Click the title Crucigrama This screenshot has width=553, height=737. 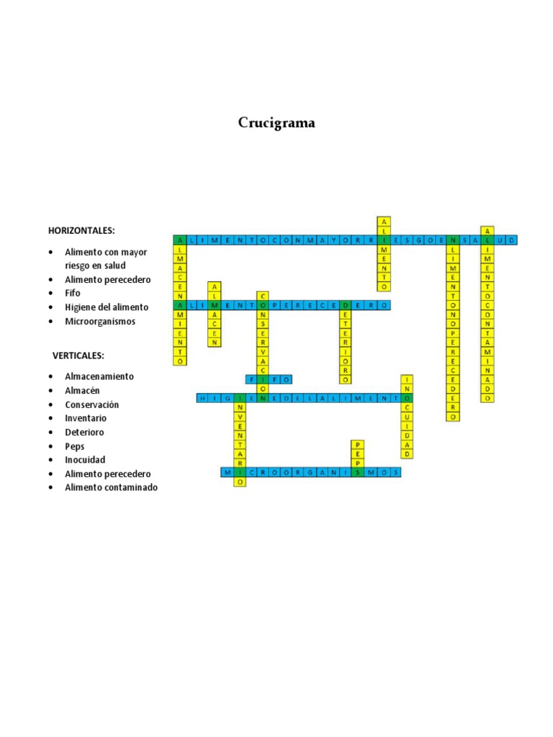[x=276, y=123]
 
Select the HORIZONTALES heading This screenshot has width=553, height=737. [x=81, y=230]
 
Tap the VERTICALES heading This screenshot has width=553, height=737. [x=78, y=356]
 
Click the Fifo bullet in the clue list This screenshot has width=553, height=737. [x=73, y=293]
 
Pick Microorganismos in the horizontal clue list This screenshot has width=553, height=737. [x=100, y=321]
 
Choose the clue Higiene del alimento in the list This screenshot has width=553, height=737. [x=107, y=307]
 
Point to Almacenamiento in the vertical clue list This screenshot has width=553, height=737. [x=99, y=376]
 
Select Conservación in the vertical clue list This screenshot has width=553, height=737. [x=92, y=404]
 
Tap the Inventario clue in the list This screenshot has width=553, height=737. [x=86, y=418]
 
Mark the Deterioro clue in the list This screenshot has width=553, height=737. [x=85, y=433]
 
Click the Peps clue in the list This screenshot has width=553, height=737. [x=75, y=446]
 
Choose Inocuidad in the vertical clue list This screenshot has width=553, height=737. [x=85, y=460]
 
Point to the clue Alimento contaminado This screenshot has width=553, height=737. [x=111, y=487]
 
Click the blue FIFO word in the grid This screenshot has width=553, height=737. [x=269, y=379]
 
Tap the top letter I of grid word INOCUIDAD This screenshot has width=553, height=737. [x=407, y=379]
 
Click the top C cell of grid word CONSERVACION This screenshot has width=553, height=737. [x=263, y=296]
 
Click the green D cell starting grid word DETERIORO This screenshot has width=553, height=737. [x=346, y=305]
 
